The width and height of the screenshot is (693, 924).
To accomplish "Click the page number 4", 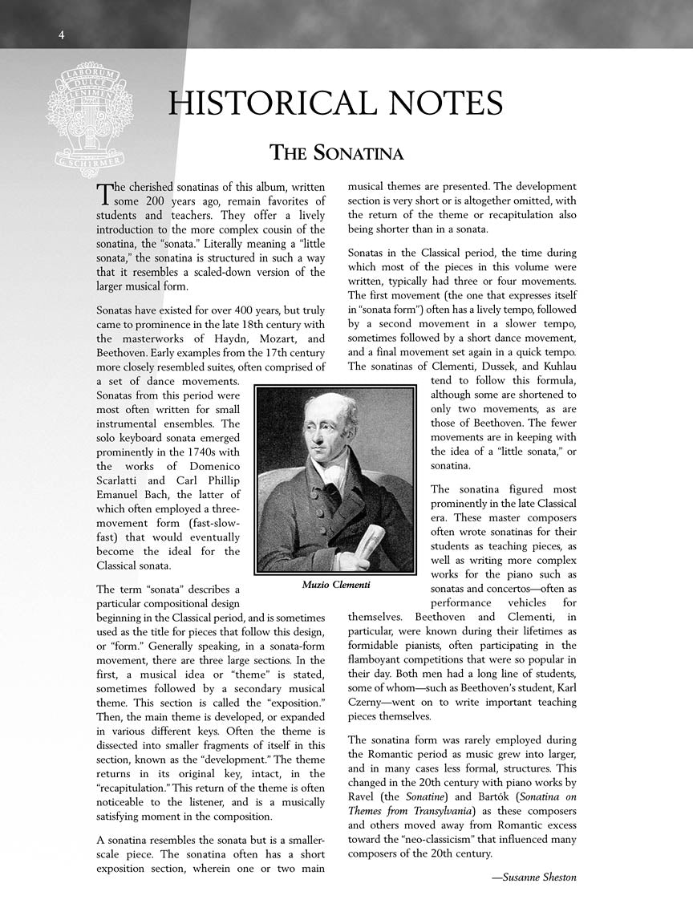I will [x=61, y=34].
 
